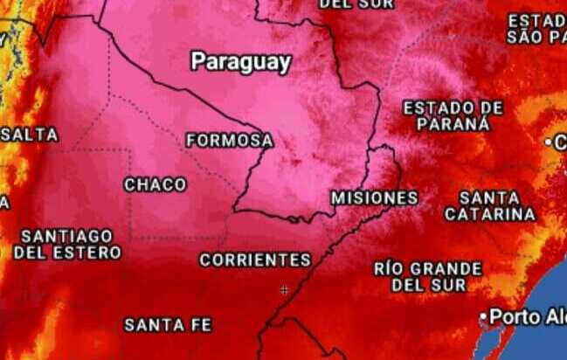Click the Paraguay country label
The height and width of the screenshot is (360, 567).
click(240, 62)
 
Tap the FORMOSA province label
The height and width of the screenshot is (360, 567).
click(229, 140)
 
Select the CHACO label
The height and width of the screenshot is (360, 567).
click(155, 184)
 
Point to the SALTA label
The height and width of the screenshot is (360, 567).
click(31, 135)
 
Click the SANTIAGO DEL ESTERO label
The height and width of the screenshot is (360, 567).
click(67, 244)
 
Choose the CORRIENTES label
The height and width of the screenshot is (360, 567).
click(254, 260)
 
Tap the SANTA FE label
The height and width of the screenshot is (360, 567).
click(168, 324)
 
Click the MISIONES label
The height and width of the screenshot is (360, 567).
click(374, 197)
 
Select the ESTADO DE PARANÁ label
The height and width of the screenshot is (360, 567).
click(453, 115)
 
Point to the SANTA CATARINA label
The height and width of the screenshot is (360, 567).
click(489, 205)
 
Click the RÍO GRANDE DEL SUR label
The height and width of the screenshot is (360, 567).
click(427, 276)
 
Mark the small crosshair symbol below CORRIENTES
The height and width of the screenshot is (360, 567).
click(284, 289)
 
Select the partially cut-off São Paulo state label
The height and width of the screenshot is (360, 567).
click(536, 28)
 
